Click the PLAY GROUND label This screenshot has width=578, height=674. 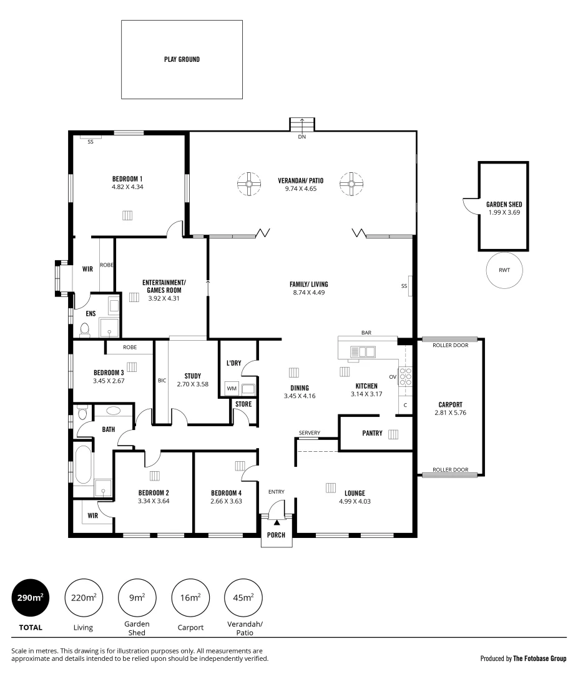point(182,60)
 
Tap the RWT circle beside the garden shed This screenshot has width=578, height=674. point(504,271)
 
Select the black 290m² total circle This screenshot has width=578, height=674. point(30,598)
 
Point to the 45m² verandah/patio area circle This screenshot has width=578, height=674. point(243,598)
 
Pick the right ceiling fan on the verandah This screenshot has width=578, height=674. point(351,183)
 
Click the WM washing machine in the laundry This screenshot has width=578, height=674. point(232,389)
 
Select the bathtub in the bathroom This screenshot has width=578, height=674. point(83,464)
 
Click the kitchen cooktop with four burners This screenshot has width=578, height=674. point(405,377)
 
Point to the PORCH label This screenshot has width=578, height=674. point(276,535)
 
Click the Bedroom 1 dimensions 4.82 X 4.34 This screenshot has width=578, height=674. point(127,187)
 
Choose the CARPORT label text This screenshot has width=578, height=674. point(450,404)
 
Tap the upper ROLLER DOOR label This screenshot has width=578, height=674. point(450,345)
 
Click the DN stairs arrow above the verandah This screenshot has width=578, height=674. point(302,125)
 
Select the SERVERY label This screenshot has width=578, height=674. point(310,433)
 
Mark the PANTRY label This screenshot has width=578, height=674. point(372,433)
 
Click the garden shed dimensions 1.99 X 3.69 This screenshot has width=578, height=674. point(504,212)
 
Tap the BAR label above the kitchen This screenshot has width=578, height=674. point(366,333)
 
